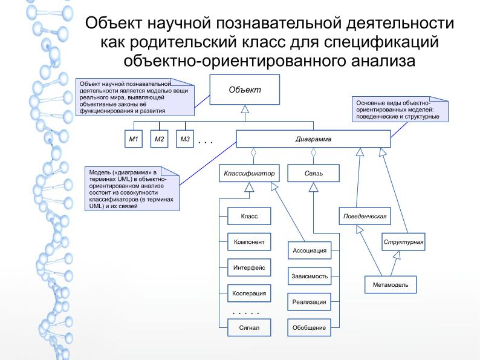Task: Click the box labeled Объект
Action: (244, 90)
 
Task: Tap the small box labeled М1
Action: (134, 139)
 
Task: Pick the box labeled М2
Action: (160, 139)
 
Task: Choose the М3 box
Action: (185, 139)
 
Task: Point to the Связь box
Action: (313, 174)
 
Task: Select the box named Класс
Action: (248, 215)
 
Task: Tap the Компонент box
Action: (248, 241)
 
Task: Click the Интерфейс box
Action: (248, 267)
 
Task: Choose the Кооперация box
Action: (248, 292)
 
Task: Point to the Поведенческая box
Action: (362, 215)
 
